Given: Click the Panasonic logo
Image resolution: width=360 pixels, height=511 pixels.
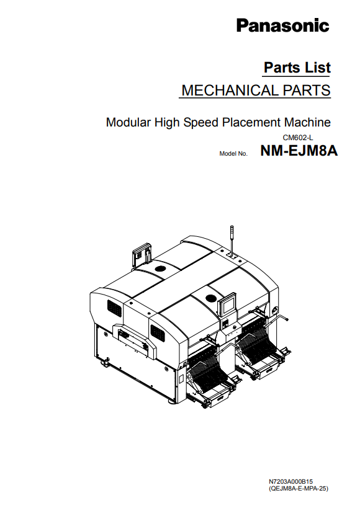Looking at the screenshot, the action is point(282,26).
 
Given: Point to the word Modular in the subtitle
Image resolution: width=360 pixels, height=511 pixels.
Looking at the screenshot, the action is point(128,122).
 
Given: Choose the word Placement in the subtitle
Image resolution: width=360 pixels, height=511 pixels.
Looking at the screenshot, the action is point(251,122).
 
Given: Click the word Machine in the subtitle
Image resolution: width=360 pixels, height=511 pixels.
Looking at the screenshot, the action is point(307,122).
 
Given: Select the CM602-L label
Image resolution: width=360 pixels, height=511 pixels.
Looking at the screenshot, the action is point(298,138).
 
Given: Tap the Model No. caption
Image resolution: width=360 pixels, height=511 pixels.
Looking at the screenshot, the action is point(233,154).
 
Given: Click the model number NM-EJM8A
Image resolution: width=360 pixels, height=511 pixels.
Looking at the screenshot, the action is point(299,151).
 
